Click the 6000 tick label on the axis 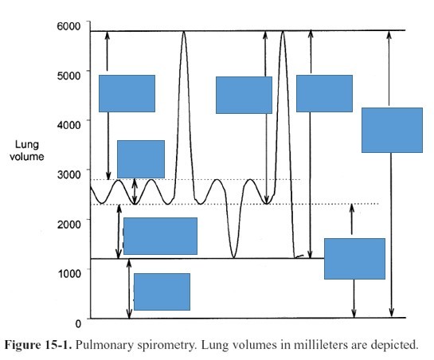point(68,26)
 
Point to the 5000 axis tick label point(68,76)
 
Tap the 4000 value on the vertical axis point(68,125)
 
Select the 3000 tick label point(68,174)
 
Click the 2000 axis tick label point(68,224)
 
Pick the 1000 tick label point(69,274)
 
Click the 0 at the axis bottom point(78,323)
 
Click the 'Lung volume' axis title point(27,151)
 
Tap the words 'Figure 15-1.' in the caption point(38,345)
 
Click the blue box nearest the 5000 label point(127,93)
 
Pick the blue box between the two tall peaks point(244,95)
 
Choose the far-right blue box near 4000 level point(392,130)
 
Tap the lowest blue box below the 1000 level point(162,292)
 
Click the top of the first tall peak point(184,32)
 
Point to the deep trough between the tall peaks point(233,257)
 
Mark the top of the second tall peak point(283,32)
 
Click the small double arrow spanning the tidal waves point(135,192)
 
